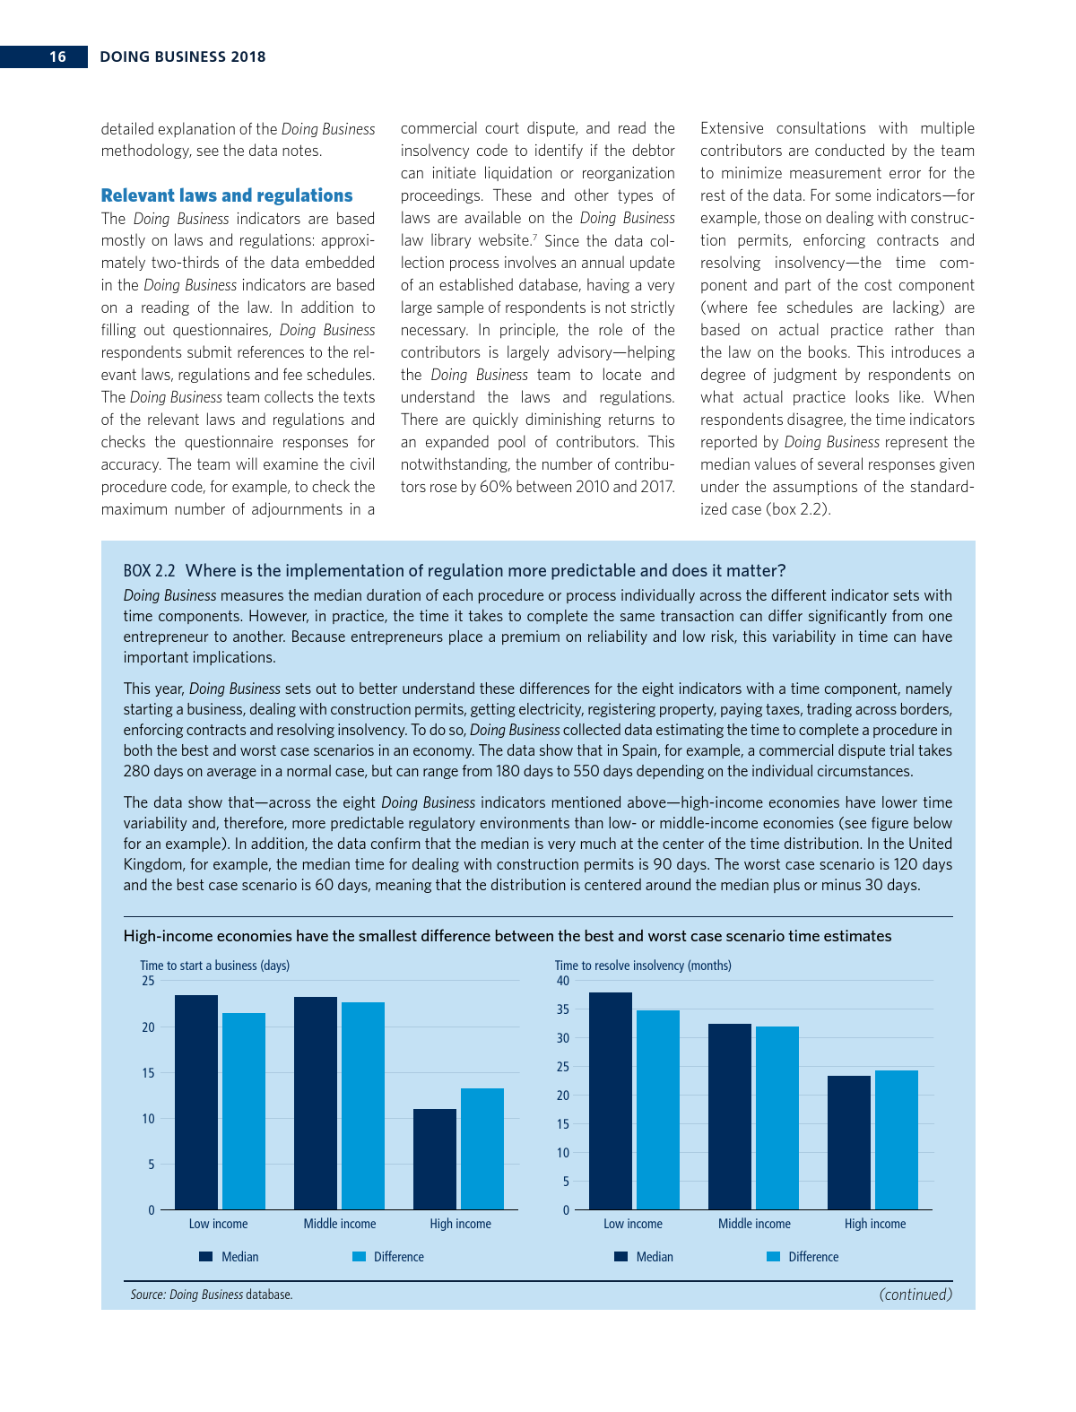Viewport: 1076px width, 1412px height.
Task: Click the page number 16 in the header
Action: (x=57, y=56)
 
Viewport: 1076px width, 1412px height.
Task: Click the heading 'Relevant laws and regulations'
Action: (x=227, y=195)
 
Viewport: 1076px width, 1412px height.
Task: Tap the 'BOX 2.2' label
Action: (x=149, y=571)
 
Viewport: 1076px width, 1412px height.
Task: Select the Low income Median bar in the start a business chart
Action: (x=196, y=1103)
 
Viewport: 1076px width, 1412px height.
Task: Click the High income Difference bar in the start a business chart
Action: (x=482, y=1149)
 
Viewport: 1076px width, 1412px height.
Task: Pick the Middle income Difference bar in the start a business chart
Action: (x=363, y=1106)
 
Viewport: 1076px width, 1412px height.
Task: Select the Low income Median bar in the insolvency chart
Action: (x=611, y=1101)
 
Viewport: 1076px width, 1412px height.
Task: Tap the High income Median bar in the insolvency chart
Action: (x=849, y=1143)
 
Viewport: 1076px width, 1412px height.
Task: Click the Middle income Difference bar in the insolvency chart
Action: (x=777, y=1118)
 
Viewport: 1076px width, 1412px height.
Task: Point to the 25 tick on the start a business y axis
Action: (x=148, y=981)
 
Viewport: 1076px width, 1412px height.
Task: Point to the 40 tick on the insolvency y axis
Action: (x=563, y=981)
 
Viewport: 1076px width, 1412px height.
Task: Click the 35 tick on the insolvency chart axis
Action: (x=563, y=1009)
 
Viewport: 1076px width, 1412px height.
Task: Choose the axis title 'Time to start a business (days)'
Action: (x=214, y=966)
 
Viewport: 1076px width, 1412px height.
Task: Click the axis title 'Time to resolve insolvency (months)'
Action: (x=643, y=966)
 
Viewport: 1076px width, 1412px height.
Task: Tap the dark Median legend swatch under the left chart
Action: (x=205, y=1257)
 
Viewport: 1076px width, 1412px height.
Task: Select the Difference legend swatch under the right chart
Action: (x=773, y=1257)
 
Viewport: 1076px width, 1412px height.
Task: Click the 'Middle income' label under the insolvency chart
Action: (x=754, y=1224)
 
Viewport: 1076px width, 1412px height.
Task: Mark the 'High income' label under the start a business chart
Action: (x=460, y=1224)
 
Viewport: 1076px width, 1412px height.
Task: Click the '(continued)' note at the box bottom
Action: (x=915, y=1295)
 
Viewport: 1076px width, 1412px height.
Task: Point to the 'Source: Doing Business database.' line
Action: (x=212, y=1295)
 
